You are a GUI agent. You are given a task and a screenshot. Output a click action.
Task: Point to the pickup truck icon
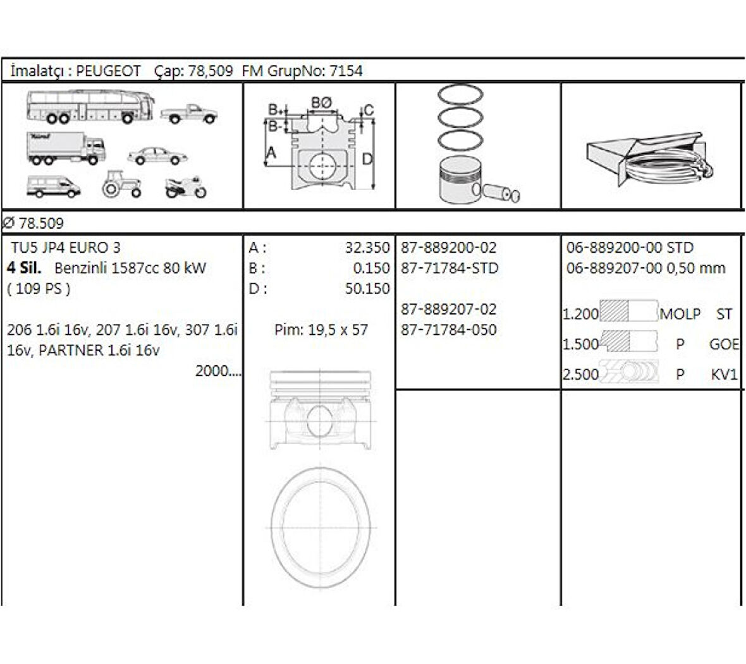point(188,114)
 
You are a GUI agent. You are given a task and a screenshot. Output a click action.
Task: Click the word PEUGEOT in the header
point(108,71)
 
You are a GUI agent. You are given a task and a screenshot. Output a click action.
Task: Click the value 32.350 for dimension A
point(367,248)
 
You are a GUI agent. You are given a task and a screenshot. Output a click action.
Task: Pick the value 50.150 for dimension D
point(367,289)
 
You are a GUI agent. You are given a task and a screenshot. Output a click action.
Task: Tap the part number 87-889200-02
point(449,248)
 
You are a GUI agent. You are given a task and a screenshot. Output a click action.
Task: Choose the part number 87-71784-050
point(449,329)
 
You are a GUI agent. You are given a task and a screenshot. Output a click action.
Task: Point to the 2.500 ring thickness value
point(580,374)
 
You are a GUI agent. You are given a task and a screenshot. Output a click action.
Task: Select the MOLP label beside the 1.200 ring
point(680,314)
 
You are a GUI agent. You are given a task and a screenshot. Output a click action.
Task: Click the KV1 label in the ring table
point(724,374)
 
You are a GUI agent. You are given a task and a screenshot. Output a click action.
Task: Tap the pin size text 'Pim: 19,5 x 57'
point(321,330)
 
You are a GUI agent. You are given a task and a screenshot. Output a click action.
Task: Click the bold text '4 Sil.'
point(24,268)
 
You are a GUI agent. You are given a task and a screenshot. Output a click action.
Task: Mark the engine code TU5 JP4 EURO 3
point(66,248)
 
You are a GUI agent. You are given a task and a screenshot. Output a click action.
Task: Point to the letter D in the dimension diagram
point(367,159)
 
